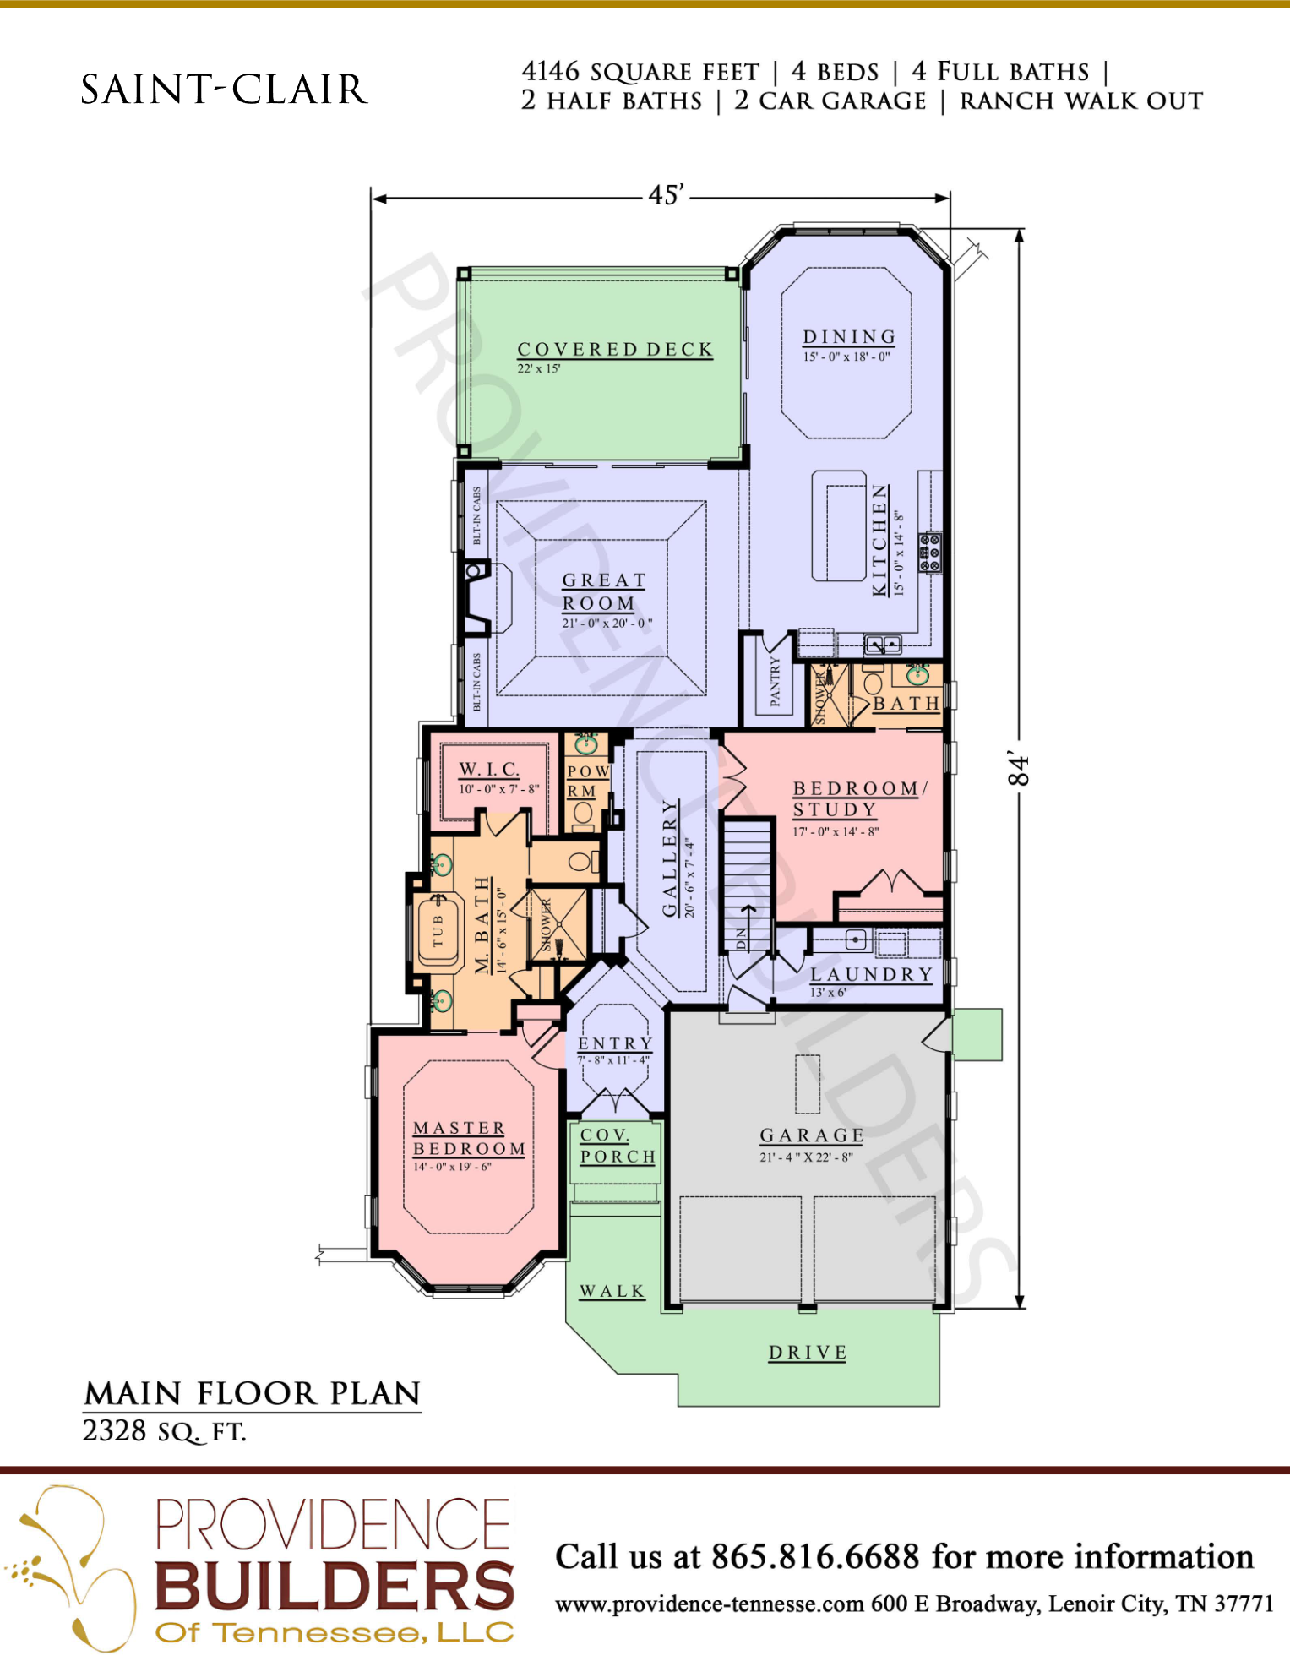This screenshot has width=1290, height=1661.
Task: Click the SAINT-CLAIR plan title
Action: pos(224,90)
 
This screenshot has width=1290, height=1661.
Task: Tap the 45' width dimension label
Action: pos(666,195)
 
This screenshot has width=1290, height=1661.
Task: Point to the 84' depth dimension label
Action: pos(1019,770)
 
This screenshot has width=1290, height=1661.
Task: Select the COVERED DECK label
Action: pos(615,350)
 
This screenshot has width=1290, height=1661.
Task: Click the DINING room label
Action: pos(849,337)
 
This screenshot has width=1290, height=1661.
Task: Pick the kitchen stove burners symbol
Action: pos(930,553)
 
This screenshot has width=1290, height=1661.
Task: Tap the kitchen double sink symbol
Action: pos(883,645)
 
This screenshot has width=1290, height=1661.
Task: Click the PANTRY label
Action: pos(776,681)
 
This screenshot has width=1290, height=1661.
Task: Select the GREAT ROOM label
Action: pos(603,591)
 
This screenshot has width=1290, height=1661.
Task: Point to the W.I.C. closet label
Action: pos(489,770)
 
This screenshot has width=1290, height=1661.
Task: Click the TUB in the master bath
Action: pos(438,930)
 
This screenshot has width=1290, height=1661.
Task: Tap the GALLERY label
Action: pos(670,858)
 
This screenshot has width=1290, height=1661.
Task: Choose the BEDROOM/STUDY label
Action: pos(860,798)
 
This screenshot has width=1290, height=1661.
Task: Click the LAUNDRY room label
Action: pos(871,974)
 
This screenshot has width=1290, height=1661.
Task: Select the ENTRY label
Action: pos(615,1043)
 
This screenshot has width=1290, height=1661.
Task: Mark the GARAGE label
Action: pos(811,1135)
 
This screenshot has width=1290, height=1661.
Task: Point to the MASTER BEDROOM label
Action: pos(469,1138)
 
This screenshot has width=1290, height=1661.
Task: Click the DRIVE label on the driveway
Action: pos(808,1353)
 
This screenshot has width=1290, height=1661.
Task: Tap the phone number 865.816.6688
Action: pos(815,1556)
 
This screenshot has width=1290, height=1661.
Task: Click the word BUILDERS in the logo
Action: pos(335,1586)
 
